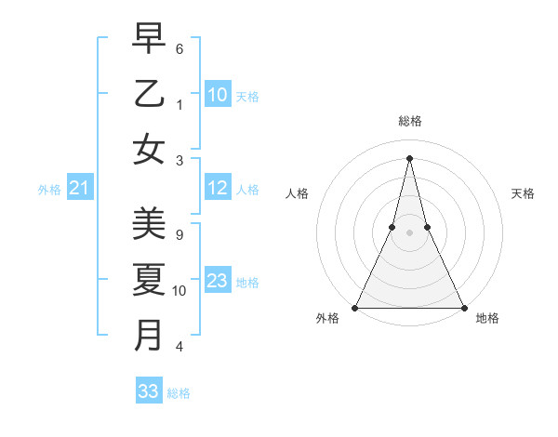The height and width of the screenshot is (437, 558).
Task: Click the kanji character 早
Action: click(x=149, y=39)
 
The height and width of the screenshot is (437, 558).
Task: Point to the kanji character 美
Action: click(x=149, y=224)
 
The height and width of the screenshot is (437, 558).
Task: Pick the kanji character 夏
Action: click(x=149, y=279)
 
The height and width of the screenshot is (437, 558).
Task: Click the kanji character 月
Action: click(x=149, y=334)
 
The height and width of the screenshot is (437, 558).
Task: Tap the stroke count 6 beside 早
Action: click(x=179, y=48)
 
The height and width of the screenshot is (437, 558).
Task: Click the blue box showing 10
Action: click(x=217, y=95)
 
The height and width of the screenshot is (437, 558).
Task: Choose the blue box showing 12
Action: click(x=217, y=189)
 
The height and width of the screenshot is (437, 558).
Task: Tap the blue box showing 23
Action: click(x=217, y=281)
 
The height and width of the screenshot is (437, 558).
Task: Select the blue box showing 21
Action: click(x=79, y=189)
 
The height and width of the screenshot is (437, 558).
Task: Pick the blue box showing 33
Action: click(x=148, y=391)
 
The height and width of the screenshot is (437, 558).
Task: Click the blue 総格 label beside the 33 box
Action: click(x=179, y=393)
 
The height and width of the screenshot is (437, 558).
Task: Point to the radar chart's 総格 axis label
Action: click(x=409, y=121)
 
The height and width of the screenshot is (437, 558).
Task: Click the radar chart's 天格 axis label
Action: click(x=523, y=193)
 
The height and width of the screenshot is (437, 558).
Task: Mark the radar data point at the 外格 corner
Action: click(x=355, y=308)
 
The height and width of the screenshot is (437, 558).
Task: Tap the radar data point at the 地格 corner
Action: click(x=463, y=308)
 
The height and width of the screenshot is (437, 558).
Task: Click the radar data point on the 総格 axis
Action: click(x=409, y=157)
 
